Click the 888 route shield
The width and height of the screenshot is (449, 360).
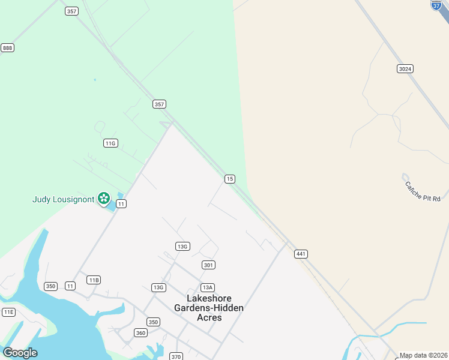7,48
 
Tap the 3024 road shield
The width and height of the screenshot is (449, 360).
405,69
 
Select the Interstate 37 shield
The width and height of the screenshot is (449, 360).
437,4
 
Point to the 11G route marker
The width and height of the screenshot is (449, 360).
110,143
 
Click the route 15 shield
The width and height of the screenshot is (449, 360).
229,179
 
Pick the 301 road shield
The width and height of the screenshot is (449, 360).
208,265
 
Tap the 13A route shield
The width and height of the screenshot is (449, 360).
208,287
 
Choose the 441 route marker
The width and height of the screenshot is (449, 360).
301,254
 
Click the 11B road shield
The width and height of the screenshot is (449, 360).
93,280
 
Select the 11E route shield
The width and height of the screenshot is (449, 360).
8,312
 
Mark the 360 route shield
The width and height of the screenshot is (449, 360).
140,333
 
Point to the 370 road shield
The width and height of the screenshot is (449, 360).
176,356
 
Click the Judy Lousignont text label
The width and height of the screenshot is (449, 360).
63,199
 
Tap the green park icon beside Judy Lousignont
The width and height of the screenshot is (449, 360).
104,198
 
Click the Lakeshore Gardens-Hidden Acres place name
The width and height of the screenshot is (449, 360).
209,308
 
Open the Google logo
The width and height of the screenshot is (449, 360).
20,353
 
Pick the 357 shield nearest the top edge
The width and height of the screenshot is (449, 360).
72,11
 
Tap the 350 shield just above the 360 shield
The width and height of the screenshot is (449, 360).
153,322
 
